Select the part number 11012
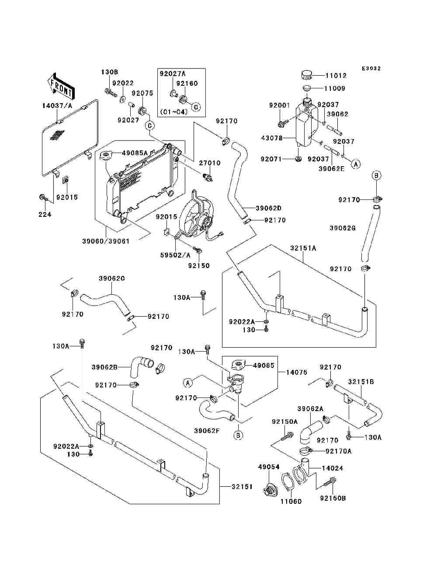pyautogui.click(x=336, y=75)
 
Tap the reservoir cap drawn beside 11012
pyautogui.click(x=308, y=75)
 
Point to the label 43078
pyautogui.click(x=271, y=138)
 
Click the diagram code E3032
pyautogui.click(x=371, y=69)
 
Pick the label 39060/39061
pyautogui.click(x=106, y=241)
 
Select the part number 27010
pyautogui.click(x=210, y=163)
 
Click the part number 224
pyautogui.click(x=45, y=214)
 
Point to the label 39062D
pyautogui.click(x=268, y=208)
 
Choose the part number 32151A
pyautogui.click(x=303, y=248)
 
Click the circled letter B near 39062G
pyautogui.click(x=377, y=176)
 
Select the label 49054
pyautogui.click(x=269, y=467)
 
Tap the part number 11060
pyautogui.click(x=291, y=501)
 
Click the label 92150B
pyautogui.click(x=333, y=498)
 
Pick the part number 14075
pyautogui.click(x=296, y=373)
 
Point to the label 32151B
pyautogui.click(x=361, y=382)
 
